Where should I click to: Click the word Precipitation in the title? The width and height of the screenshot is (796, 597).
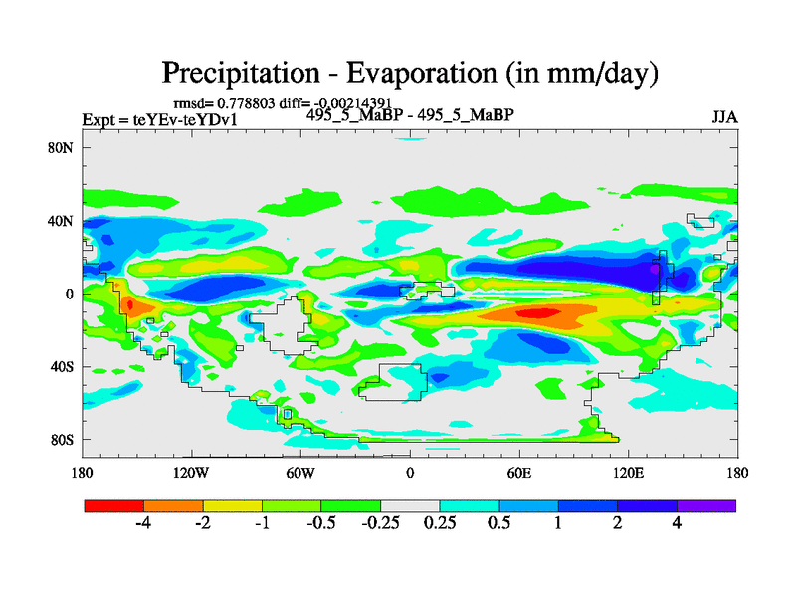pyautogui.click(x=240, y=73)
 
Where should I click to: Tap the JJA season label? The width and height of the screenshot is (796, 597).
pyautogui.click(x=724, y=117)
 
